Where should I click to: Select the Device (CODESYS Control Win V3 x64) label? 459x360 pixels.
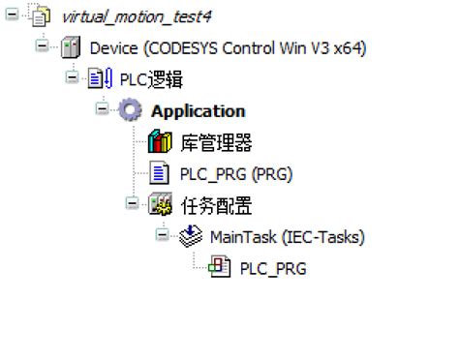pyautogui.click(x=228, y=47)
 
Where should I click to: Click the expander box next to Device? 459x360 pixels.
pyautogui.click(x=41, y=46)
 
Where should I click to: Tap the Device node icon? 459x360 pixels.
pyautogui.click(x=71, y=47)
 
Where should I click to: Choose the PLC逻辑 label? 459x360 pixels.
pyautogui.click(x=151, y=79)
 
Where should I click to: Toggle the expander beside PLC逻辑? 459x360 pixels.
pyautogui.click(x=72, y=78)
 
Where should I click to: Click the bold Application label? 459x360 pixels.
pyautogui.click(x=198, y=111)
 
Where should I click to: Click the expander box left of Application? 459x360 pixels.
pyautogui.click(x=103, y=110)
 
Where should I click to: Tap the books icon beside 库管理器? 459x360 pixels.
pyautogui.click(x=160, y=143)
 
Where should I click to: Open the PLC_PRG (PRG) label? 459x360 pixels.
pyautogui.click(x=236, y=174)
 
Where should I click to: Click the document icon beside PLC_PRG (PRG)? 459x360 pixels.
pyautogui.click(x=160, y=174)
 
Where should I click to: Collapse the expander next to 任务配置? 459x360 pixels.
pyautogui.click(x=133, y=204)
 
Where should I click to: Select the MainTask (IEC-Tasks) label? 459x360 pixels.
pyautogui.click(x=287, y=237)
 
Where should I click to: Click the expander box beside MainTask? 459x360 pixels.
pyautogui.click(x=163, y=236)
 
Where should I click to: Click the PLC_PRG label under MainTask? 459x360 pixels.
pyautogui.click(x=273, y=268)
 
